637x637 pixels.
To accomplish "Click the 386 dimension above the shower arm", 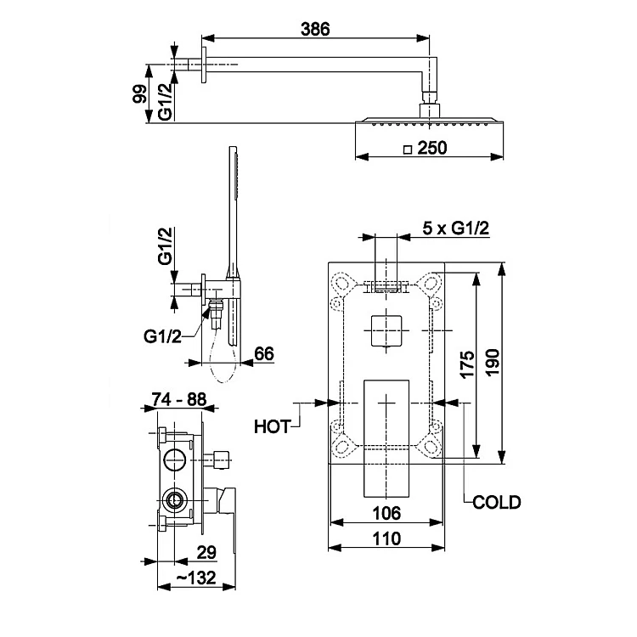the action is coord(315,29).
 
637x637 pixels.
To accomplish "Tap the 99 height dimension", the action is coord(141,93).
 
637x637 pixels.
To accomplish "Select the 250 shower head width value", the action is coord(432,148).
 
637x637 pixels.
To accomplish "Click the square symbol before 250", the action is coord(408,149).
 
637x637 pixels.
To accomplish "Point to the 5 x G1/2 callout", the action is coord(456,228).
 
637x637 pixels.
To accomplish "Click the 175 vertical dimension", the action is coord(467,364).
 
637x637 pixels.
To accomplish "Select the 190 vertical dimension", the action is coord(492,363).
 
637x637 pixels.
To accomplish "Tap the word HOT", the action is coord(272,427).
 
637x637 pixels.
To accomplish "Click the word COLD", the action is coord(497,503).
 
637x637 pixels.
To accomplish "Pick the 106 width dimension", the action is coord(386,514).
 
